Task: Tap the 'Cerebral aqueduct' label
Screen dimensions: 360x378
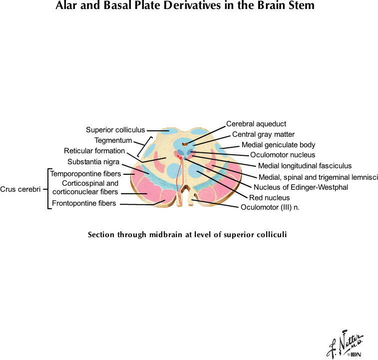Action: [x=256, y=124]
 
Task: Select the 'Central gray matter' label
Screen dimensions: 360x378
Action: [x=263, y=134]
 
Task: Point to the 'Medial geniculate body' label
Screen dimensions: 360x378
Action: [x=278, y=145]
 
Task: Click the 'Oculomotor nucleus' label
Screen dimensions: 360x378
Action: [x=283, y=155]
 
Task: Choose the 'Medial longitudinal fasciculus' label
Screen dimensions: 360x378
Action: [x=305, y=166]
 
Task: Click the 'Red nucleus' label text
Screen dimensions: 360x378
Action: [x=269, y=198]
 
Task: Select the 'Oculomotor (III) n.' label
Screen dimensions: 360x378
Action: [x=270, y=207]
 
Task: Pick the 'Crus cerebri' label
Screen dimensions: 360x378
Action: [x=20, y=189]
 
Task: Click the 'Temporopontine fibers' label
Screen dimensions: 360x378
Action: [x=85, y=174]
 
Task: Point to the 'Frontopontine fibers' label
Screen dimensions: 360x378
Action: [x=84, y=203]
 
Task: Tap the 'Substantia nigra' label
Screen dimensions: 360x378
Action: [x=93, y=161]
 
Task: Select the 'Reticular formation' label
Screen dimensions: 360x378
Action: [x=94, y=151]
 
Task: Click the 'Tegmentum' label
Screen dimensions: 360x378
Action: [x=113, y=140]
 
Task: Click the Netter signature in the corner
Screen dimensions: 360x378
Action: [x=345, y=345]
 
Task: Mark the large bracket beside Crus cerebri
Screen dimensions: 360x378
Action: [x=49, y=189]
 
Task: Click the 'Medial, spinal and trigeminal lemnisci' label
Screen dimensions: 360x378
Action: [x=318, y=177]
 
